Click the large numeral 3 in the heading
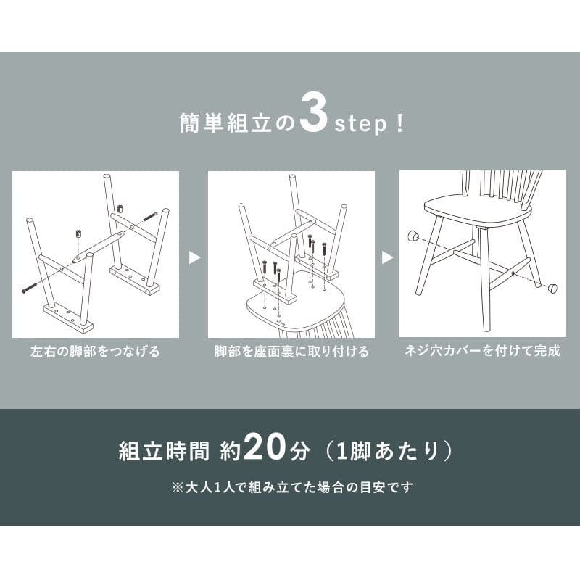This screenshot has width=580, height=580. [314, 114]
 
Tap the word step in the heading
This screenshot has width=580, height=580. [360, 124]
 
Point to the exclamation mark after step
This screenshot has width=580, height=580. [399, 123]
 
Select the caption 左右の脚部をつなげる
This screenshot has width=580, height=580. [96, 351]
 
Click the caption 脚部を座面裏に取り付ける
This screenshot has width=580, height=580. [291, 351]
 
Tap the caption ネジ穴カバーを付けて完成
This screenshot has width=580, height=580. [483, 351]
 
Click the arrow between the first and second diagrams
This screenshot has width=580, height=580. [194, 257]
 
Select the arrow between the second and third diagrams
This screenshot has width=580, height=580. [387, 257]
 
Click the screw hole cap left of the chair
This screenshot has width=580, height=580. [413, 235]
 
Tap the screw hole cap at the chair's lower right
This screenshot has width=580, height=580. [552, 287]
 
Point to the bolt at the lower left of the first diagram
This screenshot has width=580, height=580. [29, 288]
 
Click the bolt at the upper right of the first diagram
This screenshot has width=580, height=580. [150, 216]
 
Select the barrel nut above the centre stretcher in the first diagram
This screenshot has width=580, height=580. [78, 233]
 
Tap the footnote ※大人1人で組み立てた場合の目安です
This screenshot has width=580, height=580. [292, 487]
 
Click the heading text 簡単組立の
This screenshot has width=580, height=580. [237, 123]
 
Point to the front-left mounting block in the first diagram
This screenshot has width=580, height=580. [68, 317]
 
